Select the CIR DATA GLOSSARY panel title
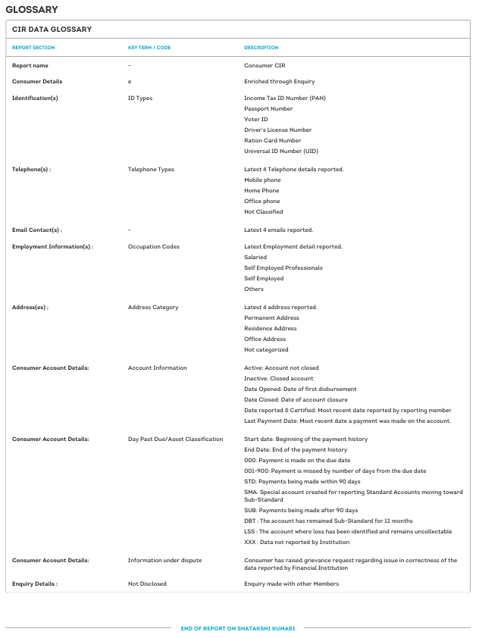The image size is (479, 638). click(x=52, y=30)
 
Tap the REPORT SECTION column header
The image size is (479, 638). click(x=33, y=48)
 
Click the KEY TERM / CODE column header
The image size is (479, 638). click(x=149, y=48)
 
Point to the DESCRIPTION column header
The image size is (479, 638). click(x=261, y=48)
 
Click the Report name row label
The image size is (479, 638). click(x=30, y=66)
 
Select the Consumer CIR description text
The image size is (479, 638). click(x=265, y=66)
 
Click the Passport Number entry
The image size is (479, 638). click(x=268, y=108)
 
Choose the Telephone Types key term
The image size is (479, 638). click(x=151, y=169)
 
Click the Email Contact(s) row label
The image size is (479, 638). click(x=37, y=230)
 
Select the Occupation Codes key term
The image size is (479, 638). click(x=154, y=246)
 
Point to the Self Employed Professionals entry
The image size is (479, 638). click(x=283, y=267)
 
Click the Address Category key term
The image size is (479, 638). click(x=153, y=307)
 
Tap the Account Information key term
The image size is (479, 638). click(x=157, y=367)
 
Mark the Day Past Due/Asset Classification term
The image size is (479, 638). click(x=176, y=439)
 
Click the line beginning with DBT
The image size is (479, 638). click(x=328, y=521)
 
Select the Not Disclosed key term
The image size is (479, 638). click(x=147, y=583)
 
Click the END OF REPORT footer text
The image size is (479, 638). click(x=238, y=628)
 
